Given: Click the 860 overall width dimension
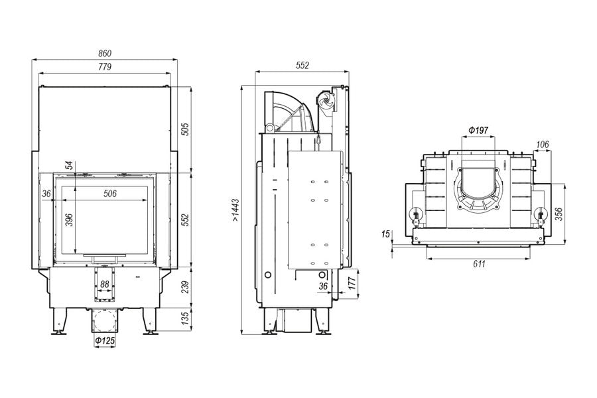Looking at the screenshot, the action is tap(105, 53).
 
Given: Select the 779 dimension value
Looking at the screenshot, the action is tap(105, 66).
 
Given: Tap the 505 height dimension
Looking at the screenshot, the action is tap(184, 129).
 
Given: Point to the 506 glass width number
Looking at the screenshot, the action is tap(110, 194).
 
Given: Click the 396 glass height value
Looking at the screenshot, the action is tap(69, 220).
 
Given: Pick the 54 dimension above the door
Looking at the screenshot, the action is tap(69, 165).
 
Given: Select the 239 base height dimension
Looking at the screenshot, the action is tap(184, 287).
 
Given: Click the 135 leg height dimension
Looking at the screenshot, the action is tap(184, 318).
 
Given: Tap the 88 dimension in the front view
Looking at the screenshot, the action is tap(104, 284).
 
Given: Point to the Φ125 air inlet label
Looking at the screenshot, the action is tap(105, 340).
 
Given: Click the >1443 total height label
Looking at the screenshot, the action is tap(235, 210).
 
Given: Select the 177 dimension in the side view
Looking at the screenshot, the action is tap(352, 283).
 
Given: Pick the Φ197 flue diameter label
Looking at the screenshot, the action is tap(478, 130).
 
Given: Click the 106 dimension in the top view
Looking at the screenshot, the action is tap(542, 145).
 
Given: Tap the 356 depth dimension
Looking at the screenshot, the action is tap(558, 214).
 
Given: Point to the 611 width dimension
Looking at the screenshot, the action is tap(479, 263).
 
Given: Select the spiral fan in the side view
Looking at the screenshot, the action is tap(326, 101).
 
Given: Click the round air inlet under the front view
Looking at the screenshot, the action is tap(104, 320).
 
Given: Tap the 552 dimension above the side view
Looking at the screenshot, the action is tap(302, 66).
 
